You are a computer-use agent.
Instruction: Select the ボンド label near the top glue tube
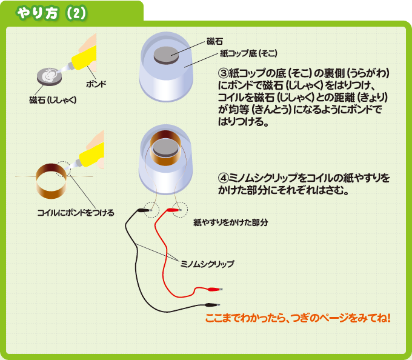pos(96,84)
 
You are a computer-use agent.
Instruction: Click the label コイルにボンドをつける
pos(76,212)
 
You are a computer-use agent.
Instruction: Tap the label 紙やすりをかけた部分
pos(231,222)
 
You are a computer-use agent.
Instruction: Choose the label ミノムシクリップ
pos(208,264)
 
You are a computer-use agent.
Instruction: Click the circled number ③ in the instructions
pos(222,73)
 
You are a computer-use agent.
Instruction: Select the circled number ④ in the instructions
pos(222,178)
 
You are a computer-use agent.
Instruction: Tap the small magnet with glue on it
pos(48,75)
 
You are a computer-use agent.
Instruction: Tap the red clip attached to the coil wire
pos(173,210)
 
